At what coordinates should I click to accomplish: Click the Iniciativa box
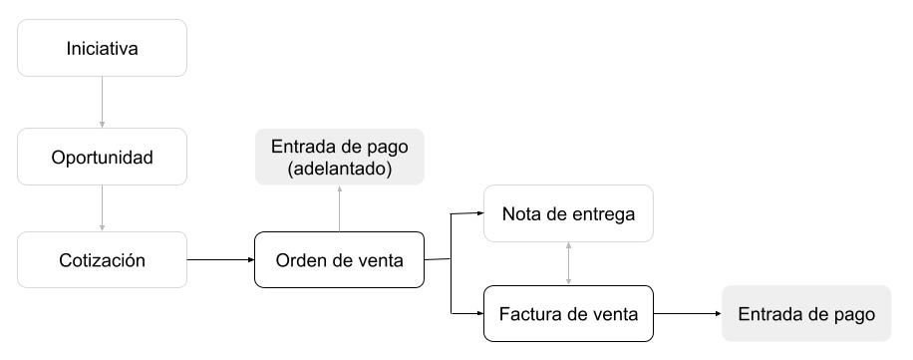click(102, 48)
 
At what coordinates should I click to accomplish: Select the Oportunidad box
click(102, 157)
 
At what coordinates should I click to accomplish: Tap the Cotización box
click(102, 260)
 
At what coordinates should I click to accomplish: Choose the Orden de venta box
click(339, 260)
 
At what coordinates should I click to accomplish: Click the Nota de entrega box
click(568, 213)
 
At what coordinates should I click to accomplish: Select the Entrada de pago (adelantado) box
click(339, 157)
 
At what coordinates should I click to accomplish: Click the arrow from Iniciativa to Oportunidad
click(102, 102)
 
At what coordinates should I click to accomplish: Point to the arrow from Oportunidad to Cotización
click(102, 209)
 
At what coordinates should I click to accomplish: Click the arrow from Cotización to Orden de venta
click(219, 260)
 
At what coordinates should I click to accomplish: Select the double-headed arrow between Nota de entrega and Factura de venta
click(568, 263)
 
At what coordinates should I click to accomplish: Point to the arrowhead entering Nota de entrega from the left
click(479, 212)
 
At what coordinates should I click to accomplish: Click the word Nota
click(520, 214)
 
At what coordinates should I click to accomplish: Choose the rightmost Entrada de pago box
click(806, 313)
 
